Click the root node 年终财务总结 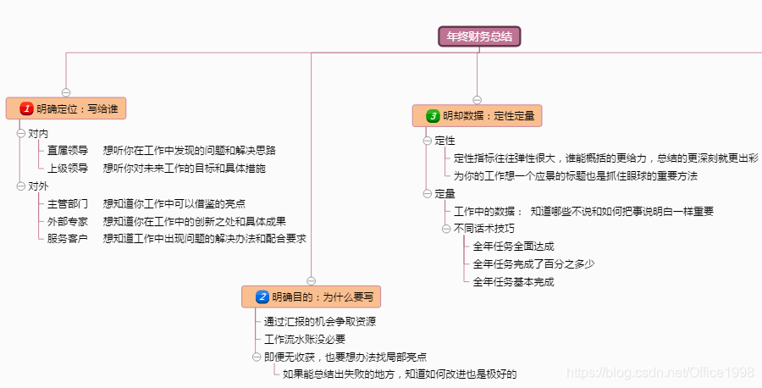tap(478, 36)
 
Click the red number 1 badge tap(27, 108)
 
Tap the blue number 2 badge tap(262, 297)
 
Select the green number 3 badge tap(433, 115)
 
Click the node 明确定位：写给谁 tap(71, 108)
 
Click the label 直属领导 tap(68, 151)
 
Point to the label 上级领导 tap(68, 169)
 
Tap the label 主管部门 tap(68, 203)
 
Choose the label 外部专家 tap(68, 221)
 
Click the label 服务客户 tap(68, 239)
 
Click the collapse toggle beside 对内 tap(21, 133)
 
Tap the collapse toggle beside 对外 tap(21, 186)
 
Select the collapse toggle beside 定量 tap(428, 193)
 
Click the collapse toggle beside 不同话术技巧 tap(446, 229)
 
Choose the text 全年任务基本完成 tap(514, 281)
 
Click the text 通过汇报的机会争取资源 tap(320, 321)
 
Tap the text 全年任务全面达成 tap(514, 246)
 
